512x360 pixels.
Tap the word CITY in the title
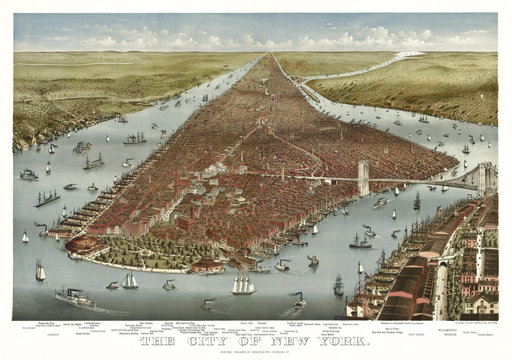(x=210, y=341)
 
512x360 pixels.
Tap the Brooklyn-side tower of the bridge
(x=486, y=177)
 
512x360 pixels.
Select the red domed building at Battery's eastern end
(x=209, y=265)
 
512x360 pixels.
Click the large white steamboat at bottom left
(x=75, y=297)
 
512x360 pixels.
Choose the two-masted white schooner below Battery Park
(x=129, y=281)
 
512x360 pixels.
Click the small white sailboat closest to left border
(x=25, y=237)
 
